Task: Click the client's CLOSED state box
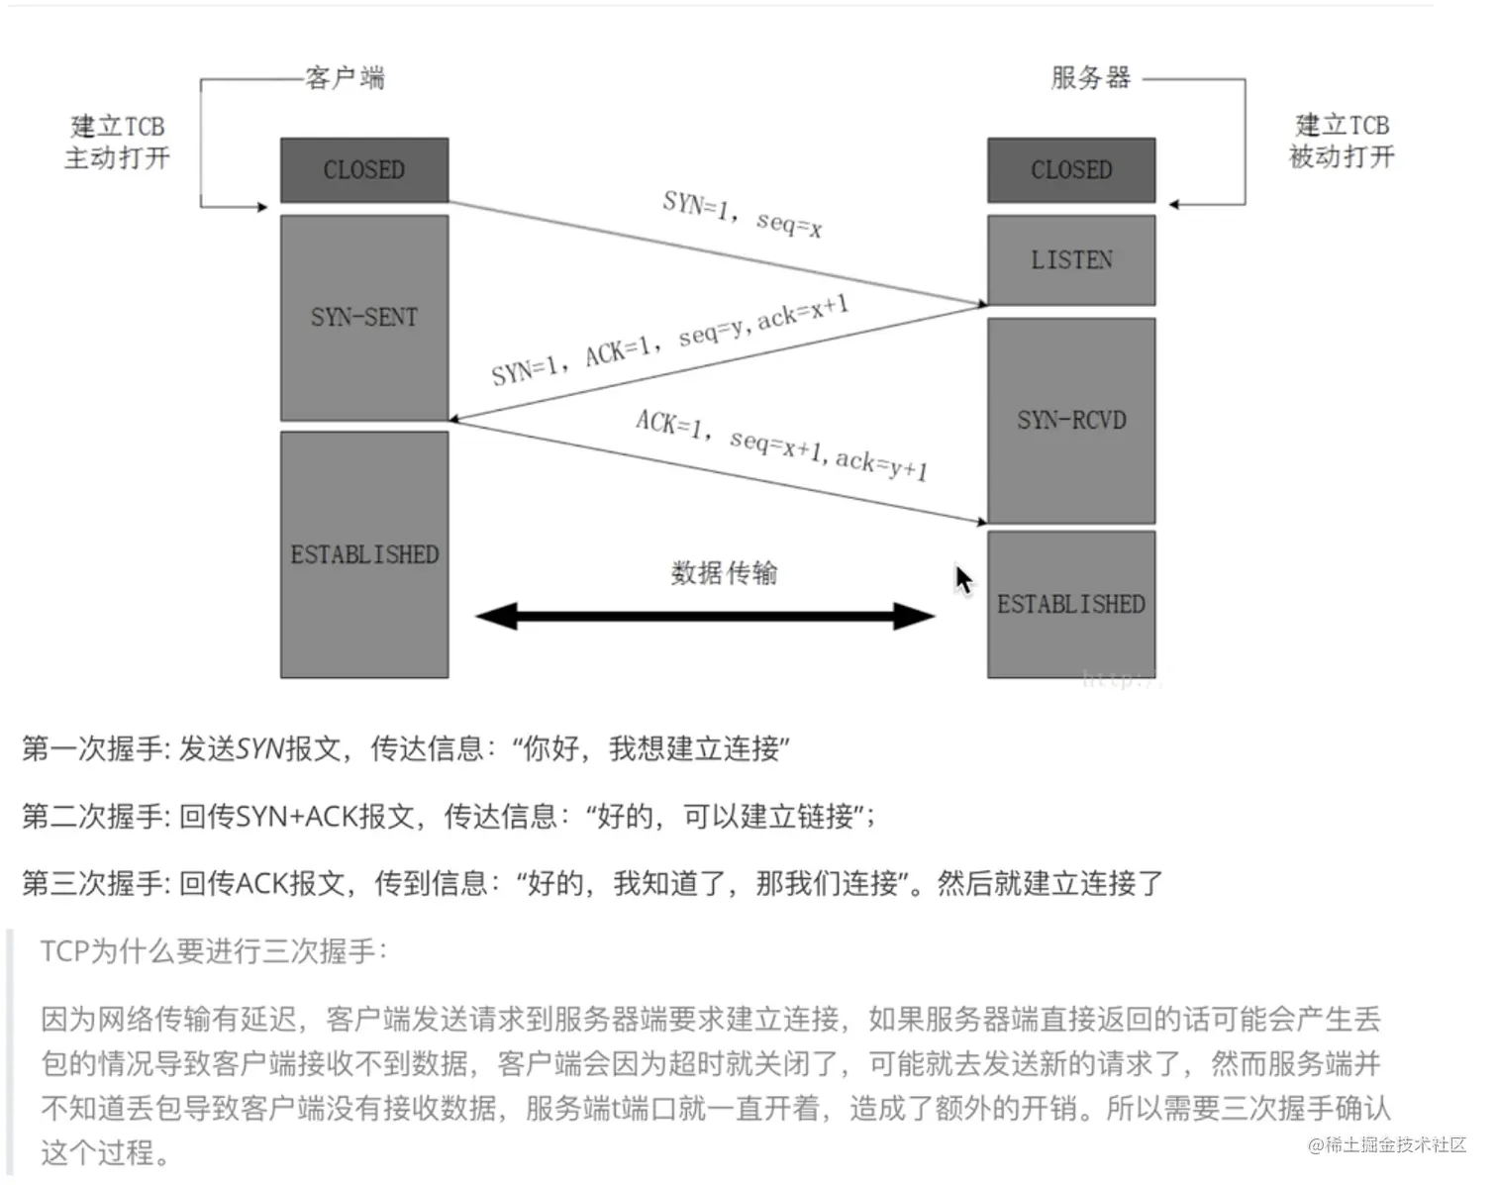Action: (364, 170)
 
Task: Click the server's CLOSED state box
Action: (1071, 170)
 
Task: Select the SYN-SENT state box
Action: (364, 318)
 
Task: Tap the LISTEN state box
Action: (1071, 260)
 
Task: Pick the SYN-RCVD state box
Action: (1071, 421)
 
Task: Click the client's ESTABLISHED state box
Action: (364, 554)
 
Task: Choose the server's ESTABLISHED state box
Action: (1071, 604)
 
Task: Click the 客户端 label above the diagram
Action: (345, 77)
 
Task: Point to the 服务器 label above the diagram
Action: (1090, 77)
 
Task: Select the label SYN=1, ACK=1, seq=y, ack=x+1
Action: (670, 341)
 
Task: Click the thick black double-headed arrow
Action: (705, 617)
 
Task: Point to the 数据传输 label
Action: (724, 572)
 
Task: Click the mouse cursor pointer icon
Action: (963, 580)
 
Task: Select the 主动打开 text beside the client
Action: (117, 158)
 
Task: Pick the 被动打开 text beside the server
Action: (1342, 156)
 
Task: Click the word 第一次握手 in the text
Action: (93, 748)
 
